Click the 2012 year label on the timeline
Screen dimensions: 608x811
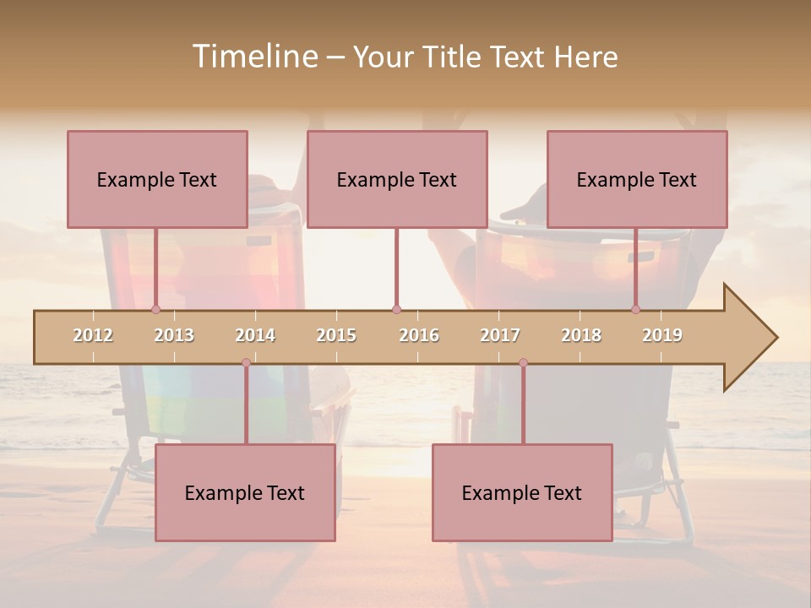coord(93,335)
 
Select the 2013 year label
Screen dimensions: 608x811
coord(174,335)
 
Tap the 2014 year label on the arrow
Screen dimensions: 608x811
coord(255,335)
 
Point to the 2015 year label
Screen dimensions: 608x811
coord(336,335)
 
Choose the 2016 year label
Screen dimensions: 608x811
coord(419,335)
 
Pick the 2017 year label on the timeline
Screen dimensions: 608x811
coord(500,335)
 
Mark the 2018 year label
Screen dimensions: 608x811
coord(581,335)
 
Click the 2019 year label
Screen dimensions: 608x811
coord(662,335)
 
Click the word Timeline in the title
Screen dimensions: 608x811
coord(254,57)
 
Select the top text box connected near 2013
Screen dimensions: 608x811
coord(157,179)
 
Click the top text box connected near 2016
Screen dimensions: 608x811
coord(397,179)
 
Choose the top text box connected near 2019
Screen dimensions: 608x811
coord(637,179)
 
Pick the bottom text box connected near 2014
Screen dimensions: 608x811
coord(245,492)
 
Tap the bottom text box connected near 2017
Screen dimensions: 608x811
coord(522,492)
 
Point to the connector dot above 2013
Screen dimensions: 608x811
coord(155,309)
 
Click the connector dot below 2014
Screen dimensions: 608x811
coord(246,362)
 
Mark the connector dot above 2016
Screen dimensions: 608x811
coord(396,309)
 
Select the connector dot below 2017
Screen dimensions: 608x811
coord(523,362)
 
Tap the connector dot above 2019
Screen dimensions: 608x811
coord(635,309)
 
